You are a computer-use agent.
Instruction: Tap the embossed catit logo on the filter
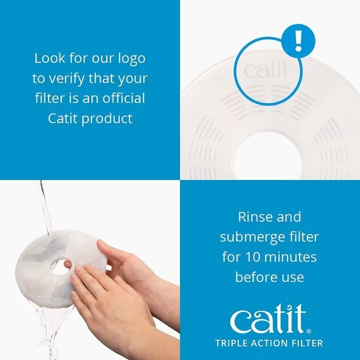[267, 71]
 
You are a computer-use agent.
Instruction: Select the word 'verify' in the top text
[80, 78]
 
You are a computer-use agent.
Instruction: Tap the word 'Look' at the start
[49, 58]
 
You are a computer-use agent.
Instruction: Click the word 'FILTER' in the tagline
[307, 343]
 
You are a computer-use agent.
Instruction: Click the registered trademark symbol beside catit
[309, 330]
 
